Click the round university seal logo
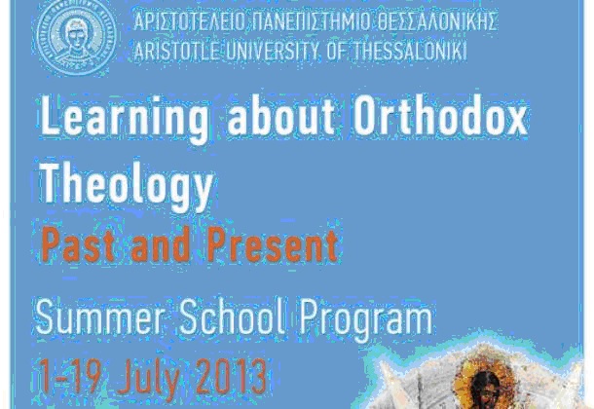point(76,37)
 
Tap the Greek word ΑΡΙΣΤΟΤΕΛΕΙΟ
point(189,21)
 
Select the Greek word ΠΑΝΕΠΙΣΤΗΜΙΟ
point(311,21)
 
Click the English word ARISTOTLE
point(176,51)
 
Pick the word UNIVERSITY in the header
point(272,51)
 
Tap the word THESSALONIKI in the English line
point(410,51)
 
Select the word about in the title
point(280,116)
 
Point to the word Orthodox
point(440,116)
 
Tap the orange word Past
point(78,244)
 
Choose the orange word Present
point(273,244)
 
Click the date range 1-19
point(70,376)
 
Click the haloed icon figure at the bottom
point(487,387)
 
